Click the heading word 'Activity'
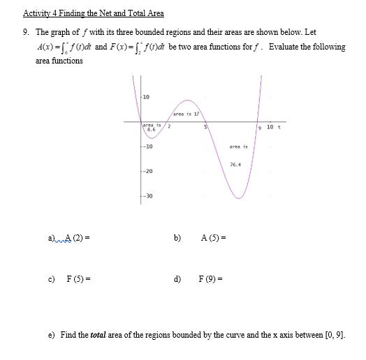click(x=36, y=13)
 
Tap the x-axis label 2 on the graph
click(x=168, y=127)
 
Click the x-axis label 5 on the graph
click(x=205, y=127)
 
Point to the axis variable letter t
click(x=279, y=126)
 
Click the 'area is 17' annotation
click(x=186, y=112)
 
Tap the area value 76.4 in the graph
click(x=235, y=165)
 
